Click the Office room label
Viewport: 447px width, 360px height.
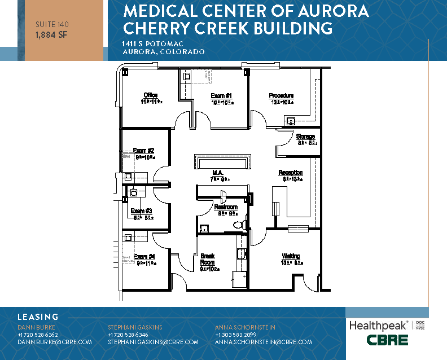point(150,95)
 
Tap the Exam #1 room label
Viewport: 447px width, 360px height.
point(221,95)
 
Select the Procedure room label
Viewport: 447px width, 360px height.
point(281,96)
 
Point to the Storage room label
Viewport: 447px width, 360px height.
point(306,137)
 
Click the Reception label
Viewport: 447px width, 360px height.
point(291,173)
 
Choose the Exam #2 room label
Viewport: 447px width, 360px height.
point(143,150)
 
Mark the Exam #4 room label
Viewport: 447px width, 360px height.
point(144,256)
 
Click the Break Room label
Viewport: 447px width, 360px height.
point(208,259)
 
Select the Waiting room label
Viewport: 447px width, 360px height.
point(291,256)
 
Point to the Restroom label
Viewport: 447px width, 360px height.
point(226,207)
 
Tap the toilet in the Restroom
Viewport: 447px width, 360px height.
point(239,224)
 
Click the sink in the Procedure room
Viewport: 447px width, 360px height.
point(291,121)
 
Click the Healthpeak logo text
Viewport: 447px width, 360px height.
point(379,325)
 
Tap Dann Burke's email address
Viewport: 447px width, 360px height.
point(55,342)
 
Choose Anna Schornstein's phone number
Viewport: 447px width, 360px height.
point(236,335)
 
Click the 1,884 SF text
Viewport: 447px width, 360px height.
point(49,34)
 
